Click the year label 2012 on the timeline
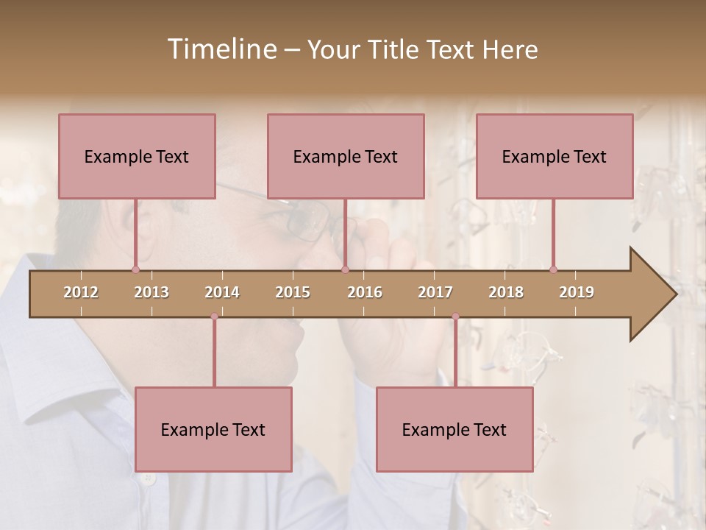(x=81, y=292)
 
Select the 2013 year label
(x=151, y=292)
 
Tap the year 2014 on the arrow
(x=222, y=292)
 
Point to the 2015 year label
(x=293, y=292)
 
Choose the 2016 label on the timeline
(x=365, y=292)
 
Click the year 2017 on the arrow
(x=435, y=292)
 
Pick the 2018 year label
(x=506, y=292)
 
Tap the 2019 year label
(x=577, y=292)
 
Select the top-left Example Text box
(x=137, y=156)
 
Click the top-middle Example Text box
(x=346, y=156)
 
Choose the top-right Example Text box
(x=555, y=156)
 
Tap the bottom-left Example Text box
(x=213, y=429)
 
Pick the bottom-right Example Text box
(x=454, y=429)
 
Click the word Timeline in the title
(x=221, y=49)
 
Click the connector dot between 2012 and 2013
(x=135, y=269)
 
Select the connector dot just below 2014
(x=214, y=317)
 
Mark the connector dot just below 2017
(x=455, y=317)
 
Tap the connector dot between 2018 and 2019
(x=553, y=269)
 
